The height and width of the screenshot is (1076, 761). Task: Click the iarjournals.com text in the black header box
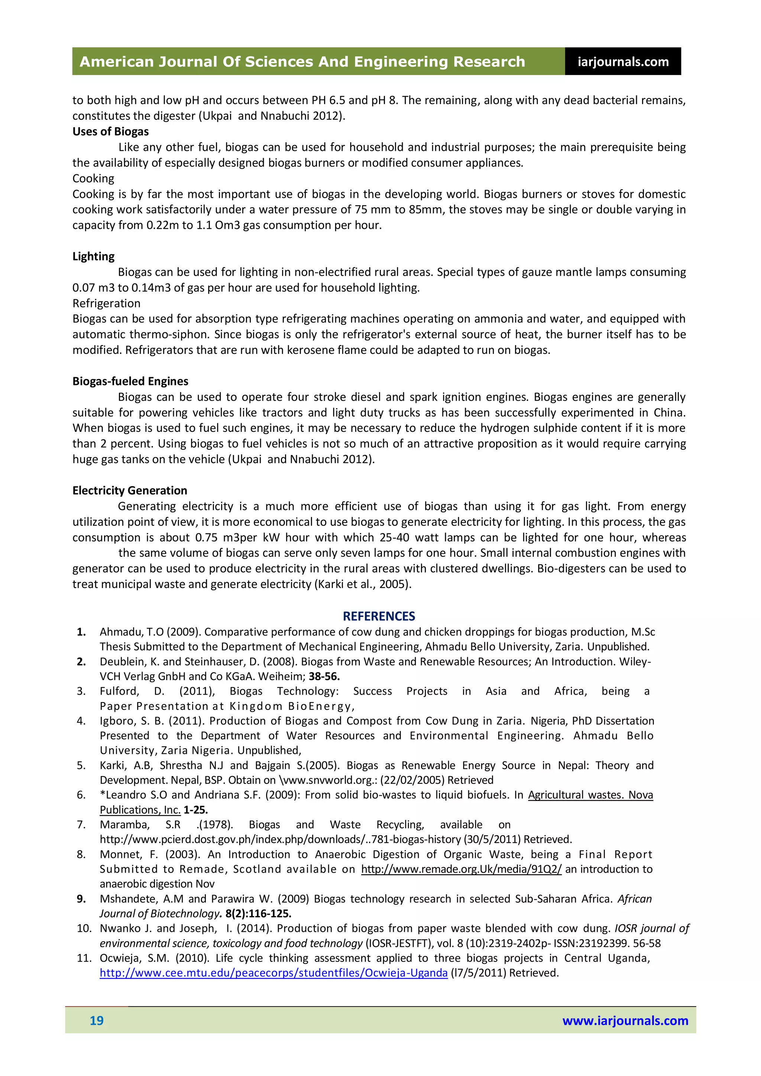click(623, 62)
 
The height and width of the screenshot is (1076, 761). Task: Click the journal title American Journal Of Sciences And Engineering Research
click(302, 62)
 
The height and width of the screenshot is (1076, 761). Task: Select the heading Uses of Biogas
click(111, 132)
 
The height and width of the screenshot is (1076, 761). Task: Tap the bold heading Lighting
click(93, 256)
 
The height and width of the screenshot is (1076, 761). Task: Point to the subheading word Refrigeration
click(106, 303)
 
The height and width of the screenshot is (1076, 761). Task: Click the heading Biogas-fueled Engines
click(130, 381)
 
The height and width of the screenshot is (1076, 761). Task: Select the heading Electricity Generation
click(130, 490)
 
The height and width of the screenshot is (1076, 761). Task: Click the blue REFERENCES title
click(379, 616)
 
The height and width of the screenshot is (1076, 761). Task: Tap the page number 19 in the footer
click(97, 1020)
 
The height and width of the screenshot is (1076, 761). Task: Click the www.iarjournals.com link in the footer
click(625, 1020)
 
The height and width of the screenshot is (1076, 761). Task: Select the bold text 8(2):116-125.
click(258, 913)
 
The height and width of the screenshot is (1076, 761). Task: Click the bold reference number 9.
click(81, 898)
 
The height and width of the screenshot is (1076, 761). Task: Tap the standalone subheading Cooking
click(93, 178)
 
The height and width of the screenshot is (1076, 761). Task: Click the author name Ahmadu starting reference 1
click(115, 632)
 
